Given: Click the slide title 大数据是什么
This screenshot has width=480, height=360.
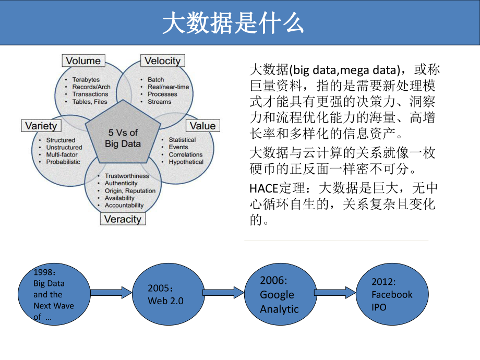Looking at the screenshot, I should [x=233, y=23].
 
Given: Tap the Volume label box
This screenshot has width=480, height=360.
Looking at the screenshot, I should [x=83, y=61].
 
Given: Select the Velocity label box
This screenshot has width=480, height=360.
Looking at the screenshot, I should [x=162, y=61].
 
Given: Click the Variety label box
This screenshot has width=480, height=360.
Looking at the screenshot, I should [x=41, y=126].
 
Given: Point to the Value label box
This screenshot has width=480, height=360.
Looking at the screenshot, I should [x=202, y=126].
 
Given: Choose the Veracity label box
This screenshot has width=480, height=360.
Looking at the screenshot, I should [x=123, y=219].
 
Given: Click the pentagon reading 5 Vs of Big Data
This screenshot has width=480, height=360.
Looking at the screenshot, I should [x=123, y=138].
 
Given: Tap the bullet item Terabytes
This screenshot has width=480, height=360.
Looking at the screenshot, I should [x=86, y=80].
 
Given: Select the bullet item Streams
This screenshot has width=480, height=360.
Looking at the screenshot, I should [x=159, y=102].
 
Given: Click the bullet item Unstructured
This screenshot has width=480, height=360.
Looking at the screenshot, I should [x=64, y=148].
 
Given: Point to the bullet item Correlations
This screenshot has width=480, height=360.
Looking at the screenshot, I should [x=185, y=154].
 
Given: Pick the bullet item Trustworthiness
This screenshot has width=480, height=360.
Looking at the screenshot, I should [x=127, y=176].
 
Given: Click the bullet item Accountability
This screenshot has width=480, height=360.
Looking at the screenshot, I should [x=124, y=205].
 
